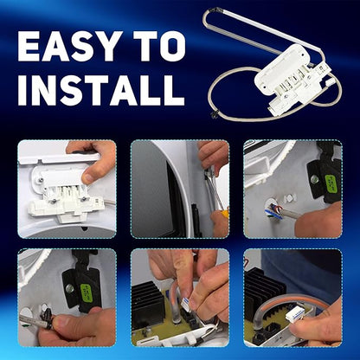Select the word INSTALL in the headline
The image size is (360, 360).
pyautogui.click(x=101, y=90)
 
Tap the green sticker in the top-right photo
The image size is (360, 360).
pyautogui.click(x=331, y=184)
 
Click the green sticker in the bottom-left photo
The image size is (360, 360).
pyautogui.click(x=87, y=292)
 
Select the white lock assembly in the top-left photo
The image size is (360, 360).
pyautogui.click(x=65, y=193)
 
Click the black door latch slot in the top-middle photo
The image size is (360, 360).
pyautogui.click(x=196, y=220)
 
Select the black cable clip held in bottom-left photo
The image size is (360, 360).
pyautogui.click(x=46, y=318)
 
